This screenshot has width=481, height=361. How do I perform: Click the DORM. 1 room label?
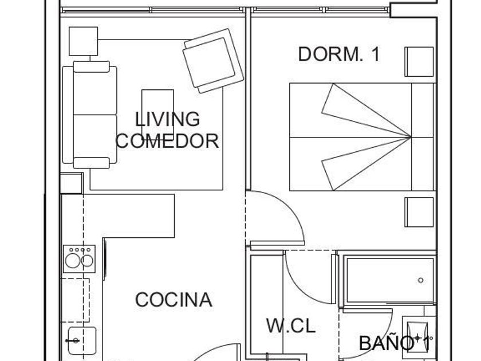click(x=339, y=54)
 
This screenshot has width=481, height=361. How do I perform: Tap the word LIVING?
click(x=167, y=119)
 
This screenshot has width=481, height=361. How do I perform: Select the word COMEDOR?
click(x=167, y=141)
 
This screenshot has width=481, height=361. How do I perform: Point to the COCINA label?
click(x=174, y=300)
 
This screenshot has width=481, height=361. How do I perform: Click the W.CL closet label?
click(x=291, y=325)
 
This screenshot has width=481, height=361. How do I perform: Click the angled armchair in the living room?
click(x=213, y=61)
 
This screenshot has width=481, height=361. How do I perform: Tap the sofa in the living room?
click(x=90, y=115)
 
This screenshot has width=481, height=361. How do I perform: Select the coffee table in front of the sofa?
click(x=157, y=108)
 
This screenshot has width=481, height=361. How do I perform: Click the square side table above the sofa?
click(x=84, y=41)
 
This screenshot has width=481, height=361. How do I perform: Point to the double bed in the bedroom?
click(x=362, y=137)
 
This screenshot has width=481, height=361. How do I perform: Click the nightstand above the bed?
click(x=419, y=62)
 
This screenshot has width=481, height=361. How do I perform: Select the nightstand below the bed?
click(x=419, y=212)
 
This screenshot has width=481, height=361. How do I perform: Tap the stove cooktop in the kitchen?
click(x=79, y=259)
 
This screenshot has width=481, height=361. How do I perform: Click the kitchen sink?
click(x=82, y=341)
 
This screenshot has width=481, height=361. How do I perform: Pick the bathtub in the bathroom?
click(x=389, y=280)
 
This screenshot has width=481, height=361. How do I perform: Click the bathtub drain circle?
click(x=420, y=280)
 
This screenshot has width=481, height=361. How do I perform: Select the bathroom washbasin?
click(x=417, y=335)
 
